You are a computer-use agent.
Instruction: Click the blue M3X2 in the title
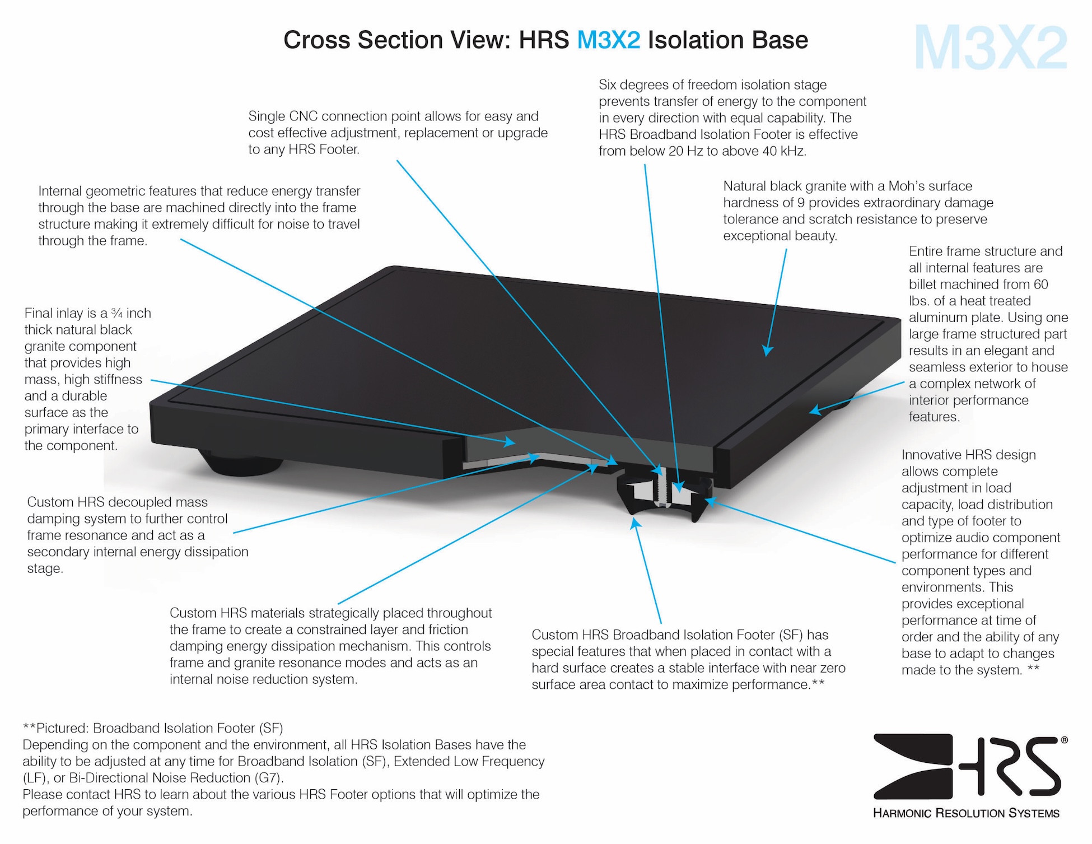coord(608,40)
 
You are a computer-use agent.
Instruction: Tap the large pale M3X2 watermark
coord(990,48)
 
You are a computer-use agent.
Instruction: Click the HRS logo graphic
coord(967,766)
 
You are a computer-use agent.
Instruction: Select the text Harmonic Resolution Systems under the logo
coord(966,813)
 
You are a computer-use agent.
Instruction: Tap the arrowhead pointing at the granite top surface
coord(767,351)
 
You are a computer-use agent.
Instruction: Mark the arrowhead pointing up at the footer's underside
coord(634,524)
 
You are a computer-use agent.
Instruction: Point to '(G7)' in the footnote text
coord(268,778)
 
